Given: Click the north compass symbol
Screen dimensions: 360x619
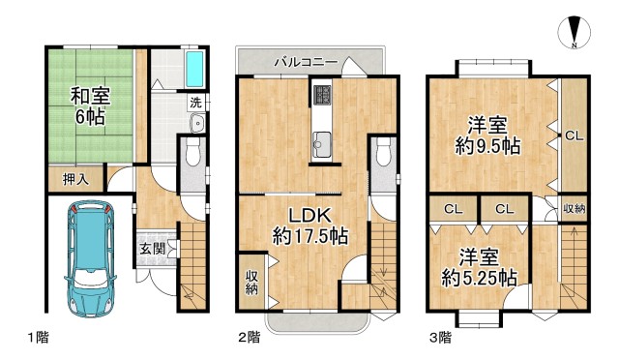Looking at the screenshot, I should click(575, 32).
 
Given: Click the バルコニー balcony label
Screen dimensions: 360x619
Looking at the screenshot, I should click(305, 62).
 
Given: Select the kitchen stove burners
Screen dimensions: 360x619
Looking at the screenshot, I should click(321, 96).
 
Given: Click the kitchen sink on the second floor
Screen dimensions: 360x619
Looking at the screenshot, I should click(321, 147).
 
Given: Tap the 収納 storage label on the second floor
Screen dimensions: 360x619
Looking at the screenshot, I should click(251, 282).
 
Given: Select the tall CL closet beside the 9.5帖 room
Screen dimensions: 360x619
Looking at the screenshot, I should click(573, 135).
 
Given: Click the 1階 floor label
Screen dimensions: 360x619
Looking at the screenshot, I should click(38, 338).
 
